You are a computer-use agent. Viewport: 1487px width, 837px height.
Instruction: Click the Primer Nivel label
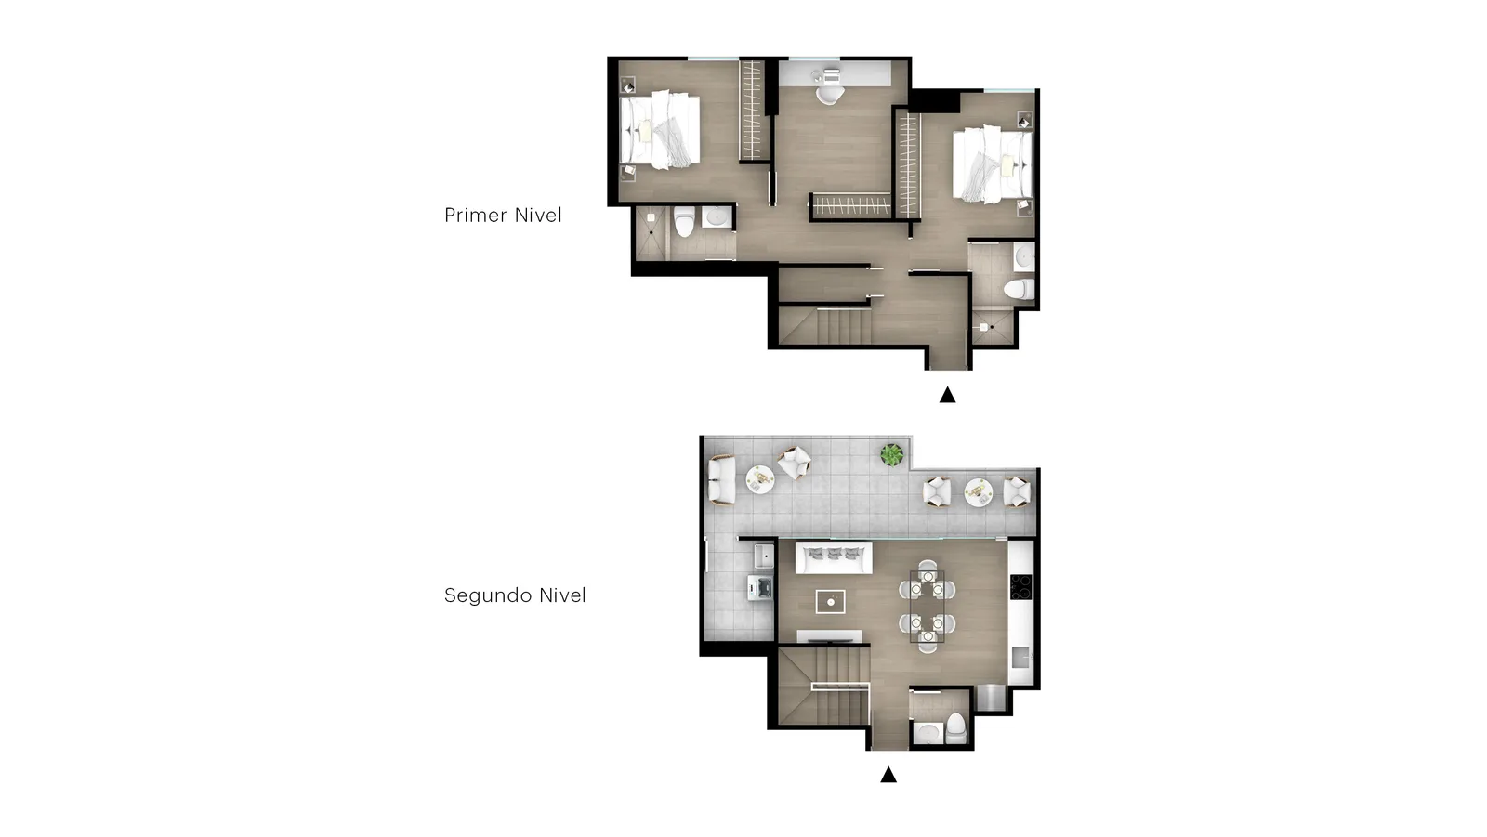coord(503,216)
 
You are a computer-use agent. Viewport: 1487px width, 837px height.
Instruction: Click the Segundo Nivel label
coord(515,595)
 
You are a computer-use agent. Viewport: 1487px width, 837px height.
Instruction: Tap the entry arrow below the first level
coord(947,395)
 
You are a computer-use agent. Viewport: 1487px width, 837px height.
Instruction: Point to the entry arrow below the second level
coord(888,775)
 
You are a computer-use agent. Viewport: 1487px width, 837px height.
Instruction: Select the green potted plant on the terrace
coord(891,454)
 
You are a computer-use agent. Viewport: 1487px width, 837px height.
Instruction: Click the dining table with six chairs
coord(928,607)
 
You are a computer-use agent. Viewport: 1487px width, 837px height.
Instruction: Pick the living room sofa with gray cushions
coord(834,557)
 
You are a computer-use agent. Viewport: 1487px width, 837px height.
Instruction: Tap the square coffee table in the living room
coord(831,602)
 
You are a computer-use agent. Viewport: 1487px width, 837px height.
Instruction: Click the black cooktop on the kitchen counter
coord(1021,587)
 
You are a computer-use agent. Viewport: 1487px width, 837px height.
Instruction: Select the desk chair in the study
coord(830,93)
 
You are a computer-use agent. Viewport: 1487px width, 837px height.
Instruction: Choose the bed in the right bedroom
coord(993,164)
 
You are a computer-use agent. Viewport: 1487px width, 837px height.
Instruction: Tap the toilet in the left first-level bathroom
coord(684,222)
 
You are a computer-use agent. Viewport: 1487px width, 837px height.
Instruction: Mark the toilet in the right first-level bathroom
coord(1019,289)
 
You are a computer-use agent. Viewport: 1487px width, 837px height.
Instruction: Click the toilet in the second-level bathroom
coord(955,729)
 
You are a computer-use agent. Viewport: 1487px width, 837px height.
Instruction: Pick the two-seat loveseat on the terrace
coord(721,479)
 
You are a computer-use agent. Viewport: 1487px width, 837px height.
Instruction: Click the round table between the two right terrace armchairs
coord(978,492)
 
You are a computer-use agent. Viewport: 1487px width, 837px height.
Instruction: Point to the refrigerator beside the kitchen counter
coord(991,699)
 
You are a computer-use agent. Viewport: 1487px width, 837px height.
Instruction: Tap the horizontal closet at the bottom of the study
coord(851,205)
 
